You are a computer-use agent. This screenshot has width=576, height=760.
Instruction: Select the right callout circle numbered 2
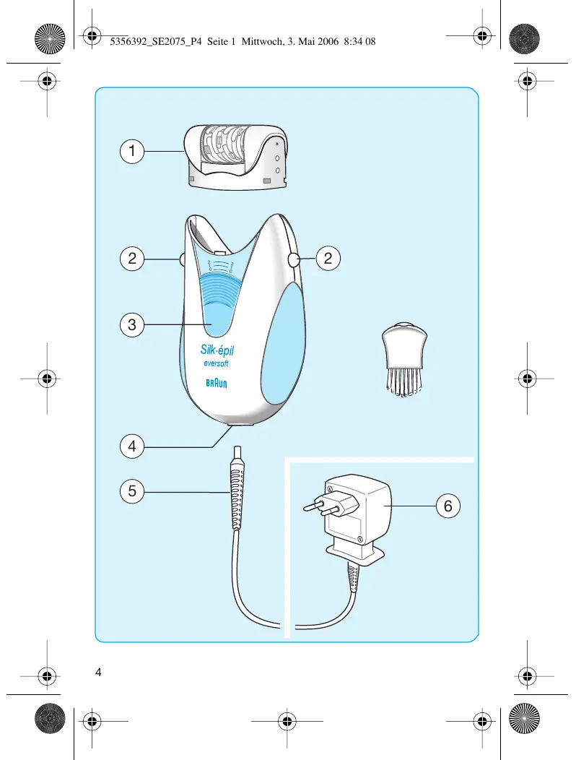pyautogui.click(x=328, y=259)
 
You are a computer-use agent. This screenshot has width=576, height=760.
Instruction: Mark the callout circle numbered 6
pyautogui.click(x=448, y=507)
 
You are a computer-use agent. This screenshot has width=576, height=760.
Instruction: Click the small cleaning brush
pyautogui.click(x=404, y=359)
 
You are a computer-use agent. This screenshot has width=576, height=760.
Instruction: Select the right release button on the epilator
pyautogui.click(x=294, y=260)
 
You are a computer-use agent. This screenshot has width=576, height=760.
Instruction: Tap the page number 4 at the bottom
pyautogui.click(x=98, y=672)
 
